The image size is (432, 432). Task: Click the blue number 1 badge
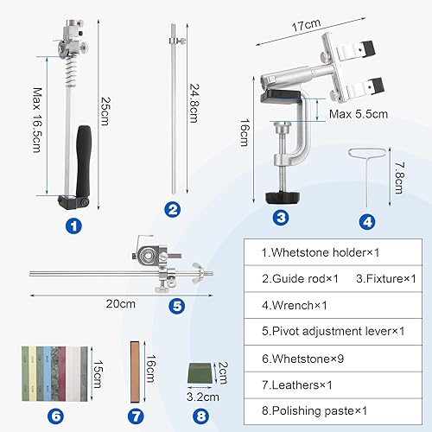(x=74, y=226)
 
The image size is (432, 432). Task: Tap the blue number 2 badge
(x=173, y=209)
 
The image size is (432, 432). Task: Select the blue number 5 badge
(x=176, y=304)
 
